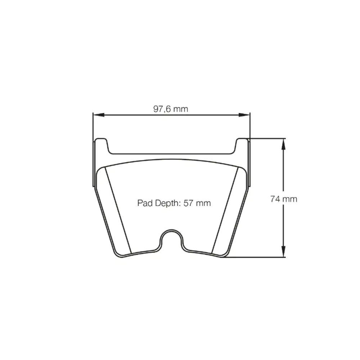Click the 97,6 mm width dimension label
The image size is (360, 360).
click(x=171, y=109)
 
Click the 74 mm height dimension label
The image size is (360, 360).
click(x=284, y=199)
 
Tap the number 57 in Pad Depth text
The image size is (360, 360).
click(x=188, y=203)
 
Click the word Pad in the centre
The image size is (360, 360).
click(x=145, y=203)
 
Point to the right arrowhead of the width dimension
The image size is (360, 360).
click(x=244, y=115)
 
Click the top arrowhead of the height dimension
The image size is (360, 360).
click(x=284, y=144)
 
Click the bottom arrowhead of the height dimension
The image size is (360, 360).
click(x=284, y=251)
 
